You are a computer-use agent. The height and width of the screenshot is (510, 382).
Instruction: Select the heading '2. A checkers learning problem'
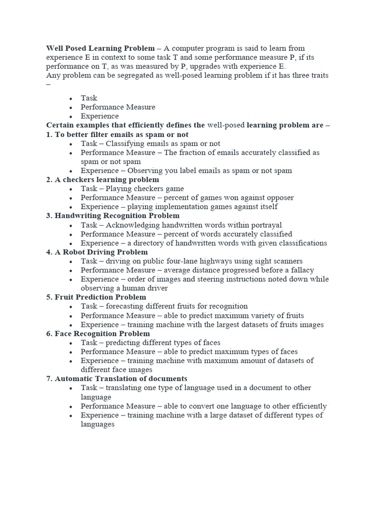pyautogui.click(x=102, y=180)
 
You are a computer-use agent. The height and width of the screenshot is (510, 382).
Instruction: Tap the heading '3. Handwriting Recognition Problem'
pyautogui.click(x=113, y=216)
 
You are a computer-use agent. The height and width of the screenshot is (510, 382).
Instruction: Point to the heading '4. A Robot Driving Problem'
pyautogui.click(x=97, y=252)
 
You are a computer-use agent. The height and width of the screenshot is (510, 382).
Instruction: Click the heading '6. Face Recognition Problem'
pyautogui.click(x=98, y=334)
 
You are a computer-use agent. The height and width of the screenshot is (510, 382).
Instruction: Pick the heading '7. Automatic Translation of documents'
pyautogui.click(x=116, y=379)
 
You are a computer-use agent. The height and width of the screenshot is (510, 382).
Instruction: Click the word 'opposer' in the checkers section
pyautogui.click(x=278, y=198)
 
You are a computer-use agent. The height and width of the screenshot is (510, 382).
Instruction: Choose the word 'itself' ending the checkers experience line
pyautogui.click(x=267, y=207)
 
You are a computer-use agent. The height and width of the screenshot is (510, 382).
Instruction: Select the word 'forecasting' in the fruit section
pyautogui.click(x=126, y=306)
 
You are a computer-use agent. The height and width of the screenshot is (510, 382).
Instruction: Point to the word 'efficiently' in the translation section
pyautogui.click(x=306, y=406)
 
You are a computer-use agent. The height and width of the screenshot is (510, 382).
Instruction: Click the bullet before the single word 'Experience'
pyautogui.click(x=72, y=117)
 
